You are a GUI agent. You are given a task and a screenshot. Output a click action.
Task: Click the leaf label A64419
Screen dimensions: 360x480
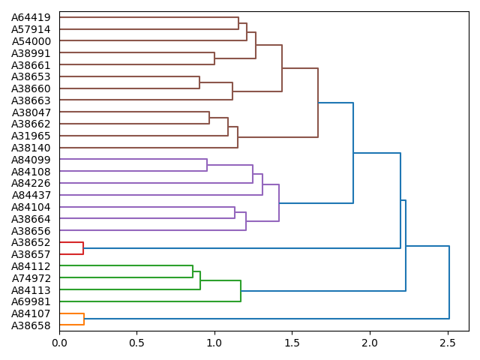[x=31, y=17]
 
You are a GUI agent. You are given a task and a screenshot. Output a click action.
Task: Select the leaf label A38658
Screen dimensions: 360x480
[x=31, y=325]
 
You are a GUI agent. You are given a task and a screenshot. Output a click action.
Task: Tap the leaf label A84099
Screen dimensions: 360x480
[x=31, y=160]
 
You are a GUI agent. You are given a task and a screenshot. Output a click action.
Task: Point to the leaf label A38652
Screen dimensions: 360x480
[x=31, y=243]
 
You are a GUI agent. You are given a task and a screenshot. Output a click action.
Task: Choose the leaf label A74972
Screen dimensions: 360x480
[x=31, y=278]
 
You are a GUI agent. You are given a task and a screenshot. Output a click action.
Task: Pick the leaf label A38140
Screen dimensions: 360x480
[x=31, y=148]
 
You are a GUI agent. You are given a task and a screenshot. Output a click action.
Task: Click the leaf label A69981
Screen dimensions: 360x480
[x=31, y=301]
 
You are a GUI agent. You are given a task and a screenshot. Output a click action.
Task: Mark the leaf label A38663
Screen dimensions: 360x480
[x=31, y=100]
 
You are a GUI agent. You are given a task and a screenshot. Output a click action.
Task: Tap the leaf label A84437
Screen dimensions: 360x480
[x=31, y=195]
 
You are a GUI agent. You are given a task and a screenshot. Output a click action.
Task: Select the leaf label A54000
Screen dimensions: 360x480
[x=31, y=41]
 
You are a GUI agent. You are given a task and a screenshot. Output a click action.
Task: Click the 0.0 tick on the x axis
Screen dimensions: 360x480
[x=59, y=343]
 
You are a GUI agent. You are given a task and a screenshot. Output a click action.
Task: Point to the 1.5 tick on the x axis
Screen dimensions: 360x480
[x=292, y=343]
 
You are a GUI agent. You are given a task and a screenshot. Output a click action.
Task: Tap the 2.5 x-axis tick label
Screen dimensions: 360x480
[x=448, y=343]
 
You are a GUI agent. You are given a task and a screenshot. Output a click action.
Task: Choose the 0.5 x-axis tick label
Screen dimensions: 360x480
[x=137, y=343]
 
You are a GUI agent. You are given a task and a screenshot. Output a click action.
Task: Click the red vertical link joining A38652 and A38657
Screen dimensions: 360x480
[x=83, y=248]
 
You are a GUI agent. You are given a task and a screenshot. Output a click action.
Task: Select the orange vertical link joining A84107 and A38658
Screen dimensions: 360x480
[x=84, y=319]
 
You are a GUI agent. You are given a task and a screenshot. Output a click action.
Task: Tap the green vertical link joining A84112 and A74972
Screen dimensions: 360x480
[x=193, y=272]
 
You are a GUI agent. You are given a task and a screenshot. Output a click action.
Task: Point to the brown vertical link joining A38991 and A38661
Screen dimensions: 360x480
[x=214, y=58]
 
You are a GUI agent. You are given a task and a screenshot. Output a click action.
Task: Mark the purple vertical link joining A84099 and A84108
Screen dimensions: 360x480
[x=207, y=165]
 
